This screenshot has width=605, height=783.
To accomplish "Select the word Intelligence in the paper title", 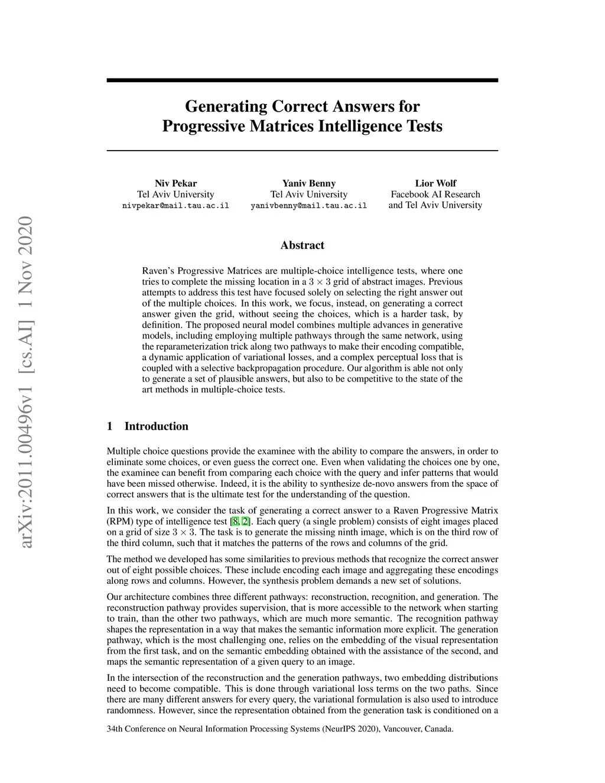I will coord(355,126).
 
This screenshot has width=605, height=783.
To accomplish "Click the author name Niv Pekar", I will coord(175,183).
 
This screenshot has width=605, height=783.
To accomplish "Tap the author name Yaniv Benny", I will coord(308,183).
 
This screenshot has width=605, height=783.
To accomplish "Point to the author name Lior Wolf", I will coord(435,183).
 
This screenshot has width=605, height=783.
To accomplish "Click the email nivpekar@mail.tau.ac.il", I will coord(175,206).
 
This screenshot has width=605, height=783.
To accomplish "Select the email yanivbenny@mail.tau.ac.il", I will coord(308,206).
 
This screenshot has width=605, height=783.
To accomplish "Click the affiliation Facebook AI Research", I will coord(435,194).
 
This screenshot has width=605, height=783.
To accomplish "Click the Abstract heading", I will coord(302,245).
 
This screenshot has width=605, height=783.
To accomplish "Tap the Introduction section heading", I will coord(156,427).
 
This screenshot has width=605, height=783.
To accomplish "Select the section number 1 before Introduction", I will coord(110,427).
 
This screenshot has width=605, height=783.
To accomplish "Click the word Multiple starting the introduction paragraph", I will coord(123,451).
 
